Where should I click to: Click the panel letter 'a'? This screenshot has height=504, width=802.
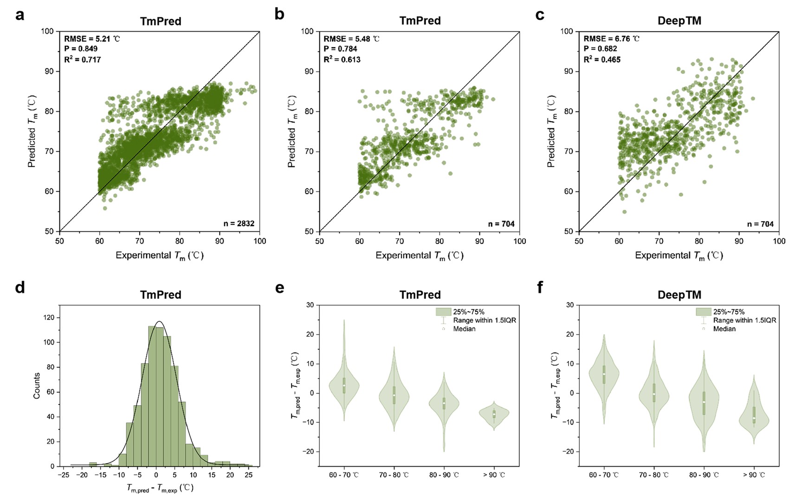click(x=19, y=15)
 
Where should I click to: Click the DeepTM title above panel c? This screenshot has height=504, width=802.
click(x=679, y=21)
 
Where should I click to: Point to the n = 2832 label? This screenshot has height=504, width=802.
click(x=239, y=223)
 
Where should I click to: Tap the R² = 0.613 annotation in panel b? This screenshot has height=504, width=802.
click(x=342, y=59)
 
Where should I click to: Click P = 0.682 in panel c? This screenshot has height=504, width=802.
click(x=600, y=49)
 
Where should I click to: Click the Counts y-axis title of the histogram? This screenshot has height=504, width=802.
click(x=37, y=386)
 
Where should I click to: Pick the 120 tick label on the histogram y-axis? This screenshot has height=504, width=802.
click(x=48, y=318)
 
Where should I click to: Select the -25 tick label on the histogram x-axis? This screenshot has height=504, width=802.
click(x=63, y=475)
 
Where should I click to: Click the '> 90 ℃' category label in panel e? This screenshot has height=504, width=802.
click(x=494, y=475)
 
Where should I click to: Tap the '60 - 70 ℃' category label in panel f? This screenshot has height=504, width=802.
click(x=603, y=475)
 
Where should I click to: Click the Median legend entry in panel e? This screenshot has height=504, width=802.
click(x=464, y=329)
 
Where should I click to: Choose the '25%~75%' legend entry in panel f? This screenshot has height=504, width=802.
click(x=729, y=312)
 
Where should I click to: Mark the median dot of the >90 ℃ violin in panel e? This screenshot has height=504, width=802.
click(x=494, y=413)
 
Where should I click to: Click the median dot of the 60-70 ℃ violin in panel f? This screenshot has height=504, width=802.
click(x=604, y=374)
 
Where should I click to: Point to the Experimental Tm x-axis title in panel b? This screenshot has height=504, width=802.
click(x=419, y=255)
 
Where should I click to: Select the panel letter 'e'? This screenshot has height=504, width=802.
click(x=279, y=288)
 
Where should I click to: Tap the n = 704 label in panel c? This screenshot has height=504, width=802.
click(x=760, y=224)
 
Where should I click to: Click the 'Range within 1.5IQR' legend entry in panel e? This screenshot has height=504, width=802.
click(x=485, y=321)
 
